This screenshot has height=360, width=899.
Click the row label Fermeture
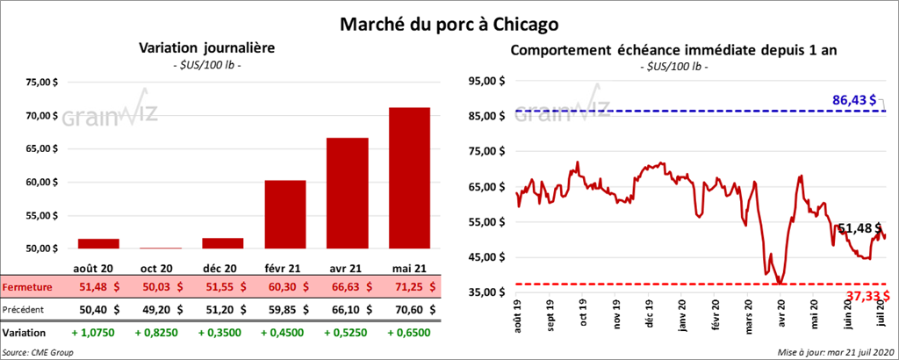point(27,286)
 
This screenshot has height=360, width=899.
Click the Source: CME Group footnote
point(38,351)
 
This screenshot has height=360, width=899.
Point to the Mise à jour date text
point(834,351)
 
